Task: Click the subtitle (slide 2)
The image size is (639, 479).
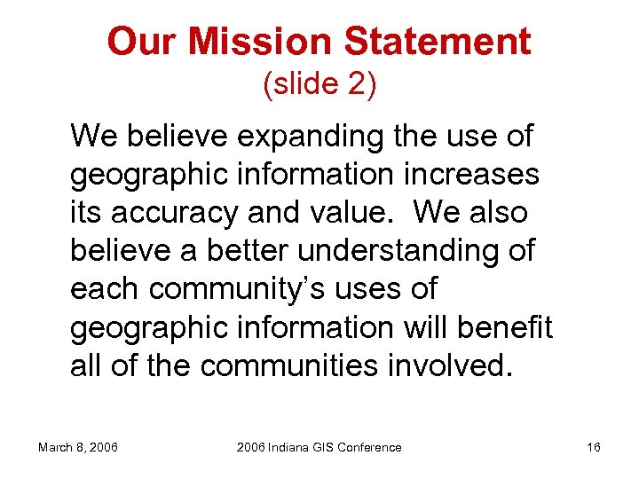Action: (x=319, y=84)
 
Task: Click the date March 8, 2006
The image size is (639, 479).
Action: (x=79, y=447)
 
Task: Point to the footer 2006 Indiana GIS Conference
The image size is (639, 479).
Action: (x=319, y=447)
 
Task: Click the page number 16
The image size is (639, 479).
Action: (x=594, y=447)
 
